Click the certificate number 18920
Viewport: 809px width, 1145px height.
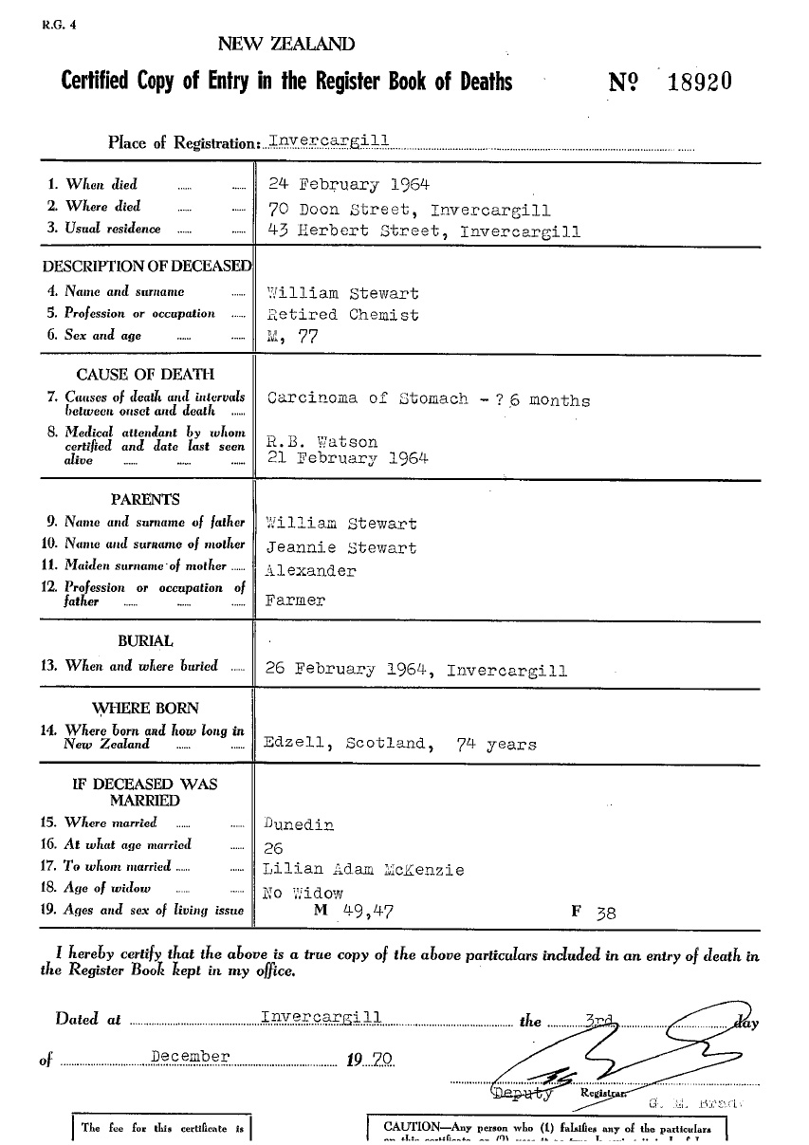[x=699, y=82]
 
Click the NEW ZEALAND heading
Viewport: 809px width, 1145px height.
[x=287, y=44]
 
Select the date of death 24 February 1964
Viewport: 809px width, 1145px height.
[x=350, y=184]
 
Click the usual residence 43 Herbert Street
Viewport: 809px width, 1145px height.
[x=361, y=231]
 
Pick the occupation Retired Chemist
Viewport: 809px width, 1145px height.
[x=343, y=314]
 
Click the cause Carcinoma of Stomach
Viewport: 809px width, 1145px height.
[x=368, y=398]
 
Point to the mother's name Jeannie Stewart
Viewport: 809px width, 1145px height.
[x=341, y=547]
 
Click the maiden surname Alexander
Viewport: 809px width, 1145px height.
[x=311, y=571]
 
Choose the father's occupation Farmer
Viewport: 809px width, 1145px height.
[x=296, y=600]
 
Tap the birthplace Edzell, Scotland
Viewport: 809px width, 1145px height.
[x=345, y=745]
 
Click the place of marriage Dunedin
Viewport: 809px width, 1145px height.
[x=301, y=824]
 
